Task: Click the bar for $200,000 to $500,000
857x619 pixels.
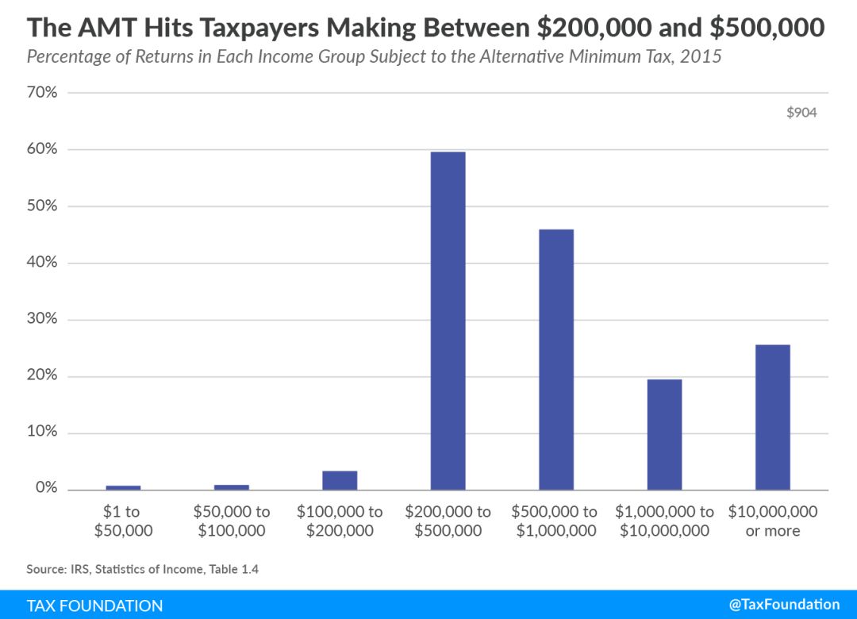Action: pos(448,321)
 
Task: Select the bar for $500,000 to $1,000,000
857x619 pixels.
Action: pos(555,359)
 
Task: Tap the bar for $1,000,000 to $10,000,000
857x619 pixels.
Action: pos(664,434)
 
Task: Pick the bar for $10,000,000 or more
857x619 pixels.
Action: pos(772,417)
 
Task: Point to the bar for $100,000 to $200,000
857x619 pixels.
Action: pos(340,480)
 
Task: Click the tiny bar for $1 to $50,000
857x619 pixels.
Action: pos(123,487)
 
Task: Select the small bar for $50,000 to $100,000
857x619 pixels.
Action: pos(231,486)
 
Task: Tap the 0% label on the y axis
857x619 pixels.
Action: pos(45,489)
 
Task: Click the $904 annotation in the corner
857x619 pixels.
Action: pos(801,113)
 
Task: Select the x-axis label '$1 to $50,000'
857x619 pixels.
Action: pos(123,521)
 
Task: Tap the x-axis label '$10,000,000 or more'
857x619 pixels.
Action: pos(772,521)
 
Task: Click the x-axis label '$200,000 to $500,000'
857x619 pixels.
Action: pos(448,521)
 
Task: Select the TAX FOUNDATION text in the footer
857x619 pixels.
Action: pos(94,606)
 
